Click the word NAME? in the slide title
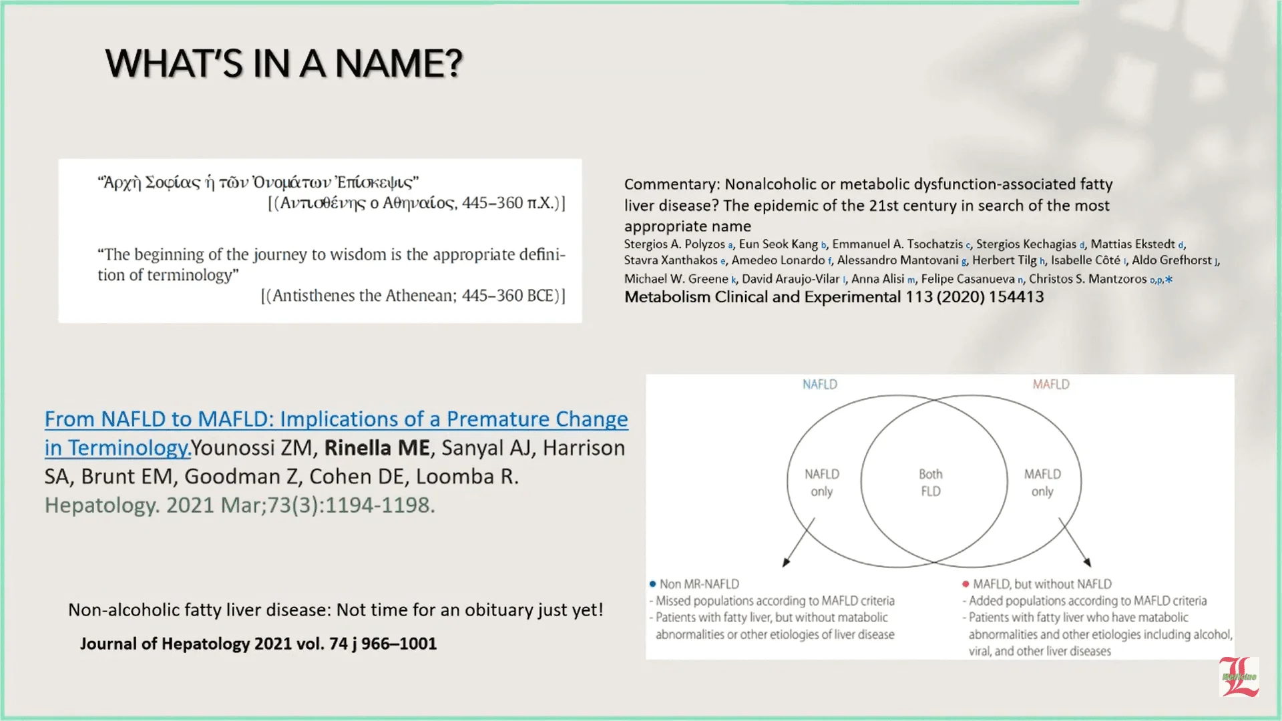tap(399, 64)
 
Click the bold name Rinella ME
tap(377, 448)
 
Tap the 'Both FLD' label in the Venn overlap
tap(930, 483)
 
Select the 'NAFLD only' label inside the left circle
tap(821, 483)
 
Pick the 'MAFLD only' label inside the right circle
tap(1042, 483)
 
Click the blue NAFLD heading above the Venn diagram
tap(819, 385)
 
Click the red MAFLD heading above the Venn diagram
tap(1050, 385)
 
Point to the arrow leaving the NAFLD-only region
tap(799, 542)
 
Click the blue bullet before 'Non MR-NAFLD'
tap(652, 584)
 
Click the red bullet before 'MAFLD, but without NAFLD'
tap(966, 584)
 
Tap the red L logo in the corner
tap(1239, 677)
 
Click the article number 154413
tap(1016, 297)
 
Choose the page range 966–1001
tap(399, 644)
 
